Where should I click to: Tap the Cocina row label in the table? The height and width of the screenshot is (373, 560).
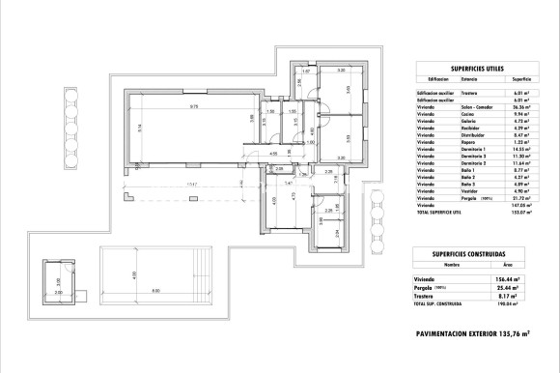(x=450, y=115)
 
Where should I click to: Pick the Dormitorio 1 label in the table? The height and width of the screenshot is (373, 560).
(x=457, y=149)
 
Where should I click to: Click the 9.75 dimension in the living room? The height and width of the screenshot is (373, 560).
(x=193, y=106)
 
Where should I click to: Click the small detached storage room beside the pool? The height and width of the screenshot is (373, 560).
(x=58, y=281)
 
